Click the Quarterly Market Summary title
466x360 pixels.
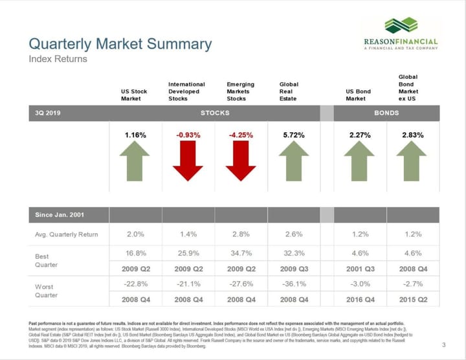pyautogui.click(x=120, y=44)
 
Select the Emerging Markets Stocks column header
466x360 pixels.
pyautogui.click(x=240, y=91)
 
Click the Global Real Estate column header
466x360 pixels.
pyautogui.click(x=289, y=91)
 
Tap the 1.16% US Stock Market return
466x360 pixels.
pyautogui.click(x=135, y=135)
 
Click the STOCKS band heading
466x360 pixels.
pyautogui.click(x=215, y=113)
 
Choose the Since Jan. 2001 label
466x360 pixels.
pyautogui.click(x=60, y=214)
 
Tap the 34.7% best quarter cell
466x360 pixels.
pyautogui.click(x=241, y=253)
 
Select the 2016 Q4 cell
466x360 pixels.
pyautogui.click(x=360, y=299)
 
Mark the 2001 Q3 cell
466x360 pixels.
pyautogui.click(x=360, y=267)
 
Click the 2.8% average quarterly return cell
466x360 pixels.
pyautogui.click(x=241, y=234)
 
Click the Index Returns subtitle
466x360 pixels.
pyautogui.click(x=58, y=59)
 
